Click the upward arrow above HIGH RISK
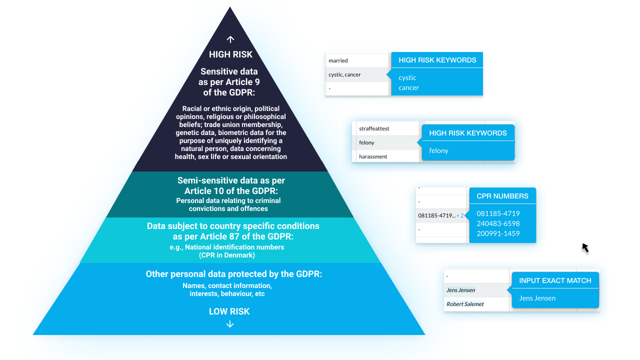[x=230, y=39]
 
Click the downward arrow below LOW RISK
[x=229, y=324]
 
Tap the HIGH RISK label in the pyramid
[x=230, y=54]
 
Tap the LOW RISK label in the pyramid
[x=229, y=311]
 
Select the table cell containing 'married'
[x=357, y=60]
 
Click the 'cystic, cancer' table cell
[x=357, y=74]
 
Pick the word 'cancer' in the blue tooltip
[x=408, y=87]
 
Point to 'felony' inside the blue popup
[x=438, y=150]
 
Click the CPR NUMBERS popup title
[x=502, y=196]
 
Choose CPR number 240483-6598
[x=498, y=223]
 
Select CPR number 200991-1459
[x=498, y=233]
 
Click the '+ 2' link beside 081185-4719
[x=460, y=215]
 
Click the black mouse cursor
[x=585, y=248]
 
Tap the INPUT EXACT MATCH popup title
[x=555, y=280]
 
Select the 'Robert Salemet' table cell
[x=476, y=304]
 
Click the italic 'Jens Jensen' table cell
[x=476, y=290]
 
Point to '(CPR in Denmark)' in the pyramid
[x=227, y=255]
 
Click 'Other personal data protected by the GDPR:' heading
[x=233, y=274]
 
